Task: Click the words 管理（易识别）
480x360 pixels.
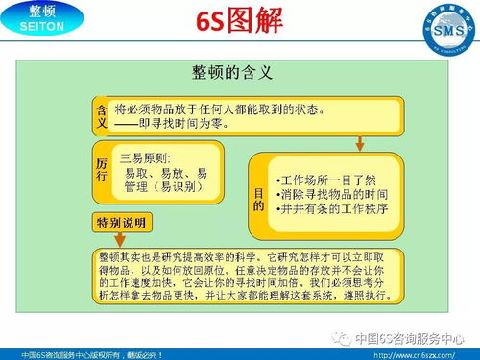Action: (x=165, y=186)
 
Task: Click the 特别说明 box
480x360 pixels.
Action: (x=122, y=223)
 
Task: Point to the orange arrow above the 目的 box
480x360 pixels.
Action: (x=357, y=142)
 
